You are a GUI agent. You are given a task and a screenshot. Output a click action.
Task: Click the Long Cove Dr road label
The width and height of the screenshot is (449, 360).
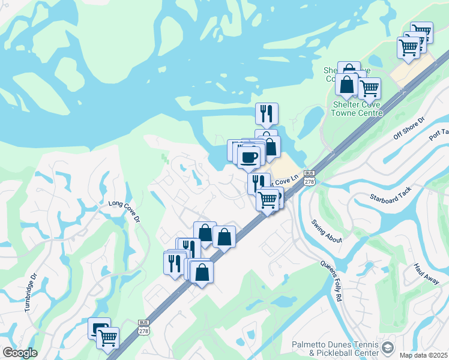[124, 212]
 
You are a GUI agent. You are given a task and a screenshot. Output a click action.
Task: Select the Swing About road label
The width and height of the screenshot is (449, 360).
[327, 231]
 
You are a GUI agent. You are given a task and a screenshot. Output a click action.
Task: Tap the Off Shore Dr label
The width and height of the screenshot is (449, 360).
[409, 128]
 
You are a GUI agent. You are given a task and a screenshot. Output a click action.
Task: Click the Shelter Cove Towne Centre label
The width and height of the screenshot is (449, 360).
[357, 108]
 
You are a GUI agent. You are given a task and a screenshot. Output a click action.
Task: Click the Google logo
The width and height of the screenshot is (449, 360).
[20, 353]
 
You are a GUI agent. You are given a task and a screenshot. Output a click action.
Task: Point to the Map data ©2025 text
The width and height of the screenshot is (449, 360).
[423, 355]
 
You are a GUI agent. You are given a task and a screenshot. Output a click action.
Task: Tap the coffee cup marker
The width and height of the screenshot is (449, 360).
[249, 157]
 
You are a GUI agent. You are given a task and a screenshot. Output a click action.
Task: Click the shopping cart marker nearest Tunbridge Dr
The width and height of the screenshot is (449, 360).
[107, 338]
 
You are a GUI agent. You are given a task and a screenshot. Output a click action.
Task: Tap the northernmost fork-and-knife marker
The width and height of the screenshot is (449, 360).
[266, 113]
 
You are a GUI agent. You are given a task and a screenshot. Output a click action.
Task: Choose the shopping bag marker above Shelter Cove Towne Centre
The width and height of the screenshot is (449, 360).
[347, 84]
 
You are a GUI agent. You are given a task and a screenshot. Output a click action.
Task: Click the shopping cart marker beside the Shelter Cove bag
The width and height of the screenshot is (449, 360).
[369, 88]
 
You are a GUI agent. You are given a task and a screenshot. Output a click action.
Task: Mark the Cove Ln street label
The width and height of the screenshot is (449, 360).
[286, 180]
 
